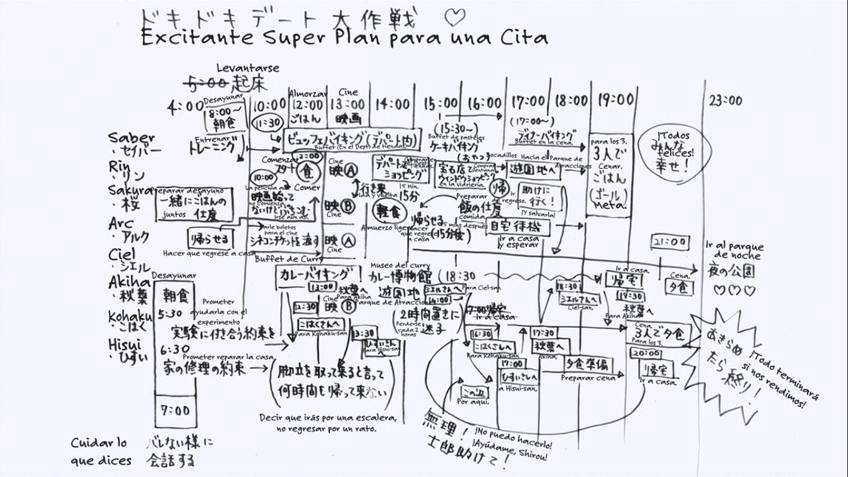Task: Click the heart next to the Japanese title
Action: coord(454,16)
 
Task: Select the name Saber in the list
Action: coord(131,138)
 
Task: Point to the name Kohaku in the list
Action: coord(130,317)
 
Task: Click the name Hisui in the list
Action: coord(124,345)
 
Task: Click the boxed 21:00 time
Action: coord(670,242)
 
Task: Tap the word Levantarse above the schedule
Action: coord(248,68)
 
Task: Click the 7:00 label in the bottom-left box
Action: coord(174,411)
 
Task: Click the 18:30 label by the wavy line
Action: coord(460,276)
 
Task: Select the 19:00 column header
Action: coord(616,99)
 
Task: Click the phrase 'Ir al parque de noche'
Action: coord(734,251)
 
